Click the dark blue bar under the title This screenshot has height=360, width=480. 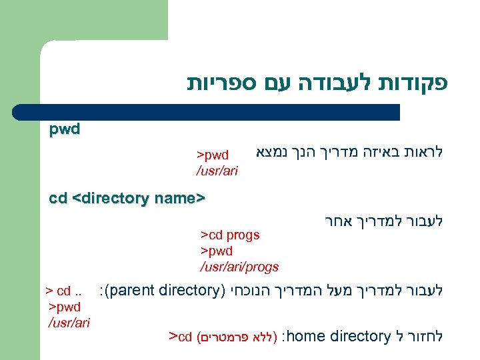(220, 112)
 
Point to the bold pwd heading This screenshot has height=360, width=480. (65, 129)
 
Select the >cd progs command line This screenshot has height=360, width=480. (230, 235)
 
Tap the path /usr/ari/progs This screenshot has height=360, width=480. (239, 267)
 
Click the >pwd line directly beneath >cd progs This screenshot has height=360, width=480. (217, 251)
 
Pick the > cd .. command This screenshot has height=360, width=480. (63, 291)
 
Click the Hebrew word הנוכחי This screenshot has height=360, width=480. (249, 291)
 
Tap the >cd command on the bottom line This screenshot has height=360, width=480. (181, 335)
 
